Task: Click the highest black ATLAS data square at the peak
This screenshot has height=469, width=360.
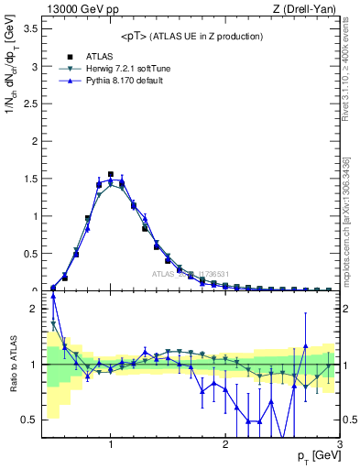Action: click(x=111, y=174)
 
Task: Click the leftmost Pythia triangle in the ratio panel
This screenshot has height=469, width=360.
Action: click(x=54, y=296)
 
